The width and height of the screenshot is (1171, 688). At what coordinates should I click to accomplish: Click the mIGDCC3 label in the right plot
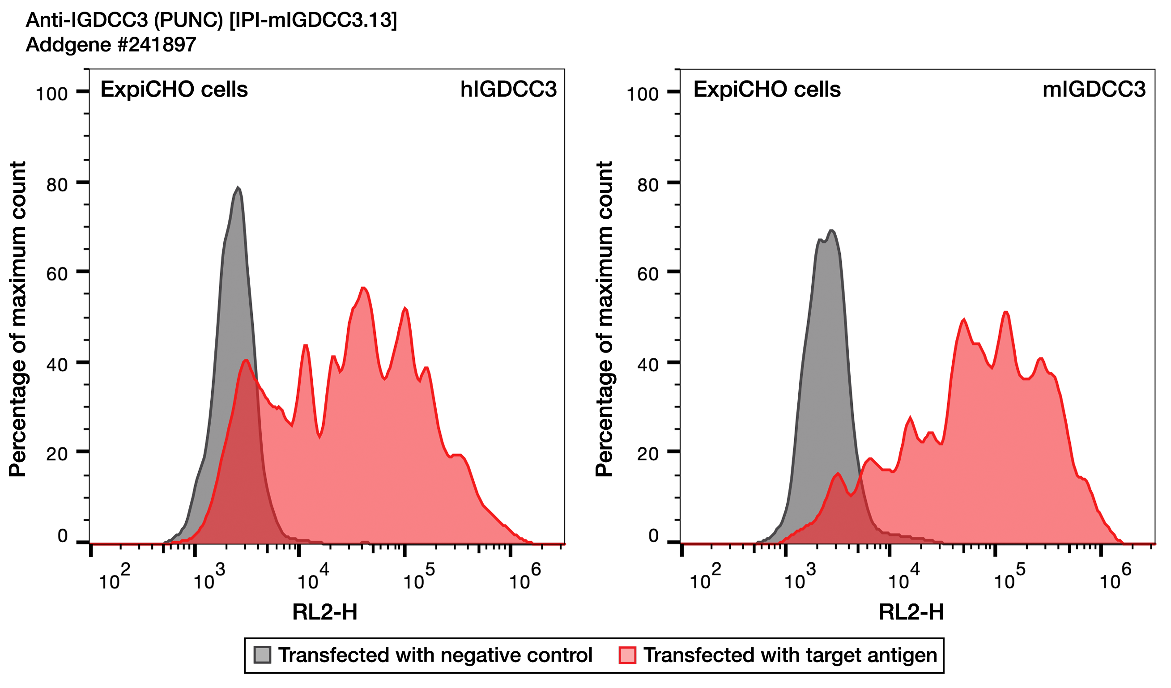click(1094, 89)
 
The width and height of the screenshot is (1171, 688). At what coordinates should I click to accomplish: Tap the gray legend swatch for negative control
click(262, 655)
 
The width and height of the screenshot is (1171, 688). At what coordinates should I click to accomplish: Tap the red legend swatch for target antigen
click(627, 655)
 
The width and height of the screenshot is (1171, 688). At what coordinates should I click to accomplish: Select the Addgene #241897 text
click(111, 45)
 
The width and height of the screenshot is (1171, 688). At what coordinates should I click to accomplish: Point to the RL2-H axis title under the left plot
click(325, 612)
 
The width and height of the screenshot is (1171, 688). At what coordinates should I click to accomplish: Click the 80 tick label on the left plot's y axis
click(57, 185)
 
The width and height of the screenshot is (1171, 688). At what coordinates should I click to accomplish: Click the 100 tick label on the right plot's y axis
click(642, 94)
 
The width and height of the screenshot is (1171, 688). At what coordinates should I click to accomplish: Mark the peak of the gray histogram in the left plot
click(238, 188)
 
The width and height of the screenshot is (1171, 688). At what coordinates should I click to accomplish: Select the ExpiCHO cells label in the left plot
click(174, 89)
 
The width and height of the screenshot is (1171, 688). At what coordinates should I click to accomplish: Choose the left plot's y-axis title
click(17, 319)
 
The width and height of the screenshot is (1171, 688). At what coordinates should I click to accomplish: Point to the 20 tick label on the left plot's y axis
click(57, 454)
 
